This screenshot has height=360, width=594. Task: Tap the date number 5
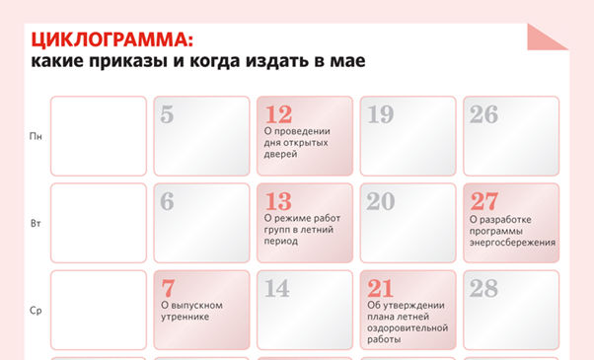click(167, 114)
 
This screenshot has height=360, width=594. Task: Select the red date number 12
click(279, 114)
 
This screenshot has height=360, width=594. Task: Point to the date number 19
click(380, 114)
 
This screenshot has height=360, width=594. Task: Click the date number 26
click(483, 114)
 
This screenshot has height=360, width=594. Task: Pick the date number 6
click(167, 201)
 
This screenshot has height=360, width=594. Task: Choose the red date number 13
click(279, 201)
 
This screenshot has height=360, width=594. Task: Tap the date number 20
click(381, 201)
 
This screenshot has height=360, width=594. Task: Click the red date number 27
click(484, 201)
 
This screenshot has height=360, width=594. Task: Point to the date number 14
click(277, 288)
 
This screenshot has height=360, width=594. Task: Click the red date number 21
click(380, 288)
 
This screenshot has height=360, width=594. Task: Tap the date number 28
click(484, 288)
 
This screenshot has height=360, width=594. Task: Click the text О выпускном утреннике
click(191, 311)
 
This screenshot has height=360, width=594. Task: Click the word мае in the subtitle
click(350, 61)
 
